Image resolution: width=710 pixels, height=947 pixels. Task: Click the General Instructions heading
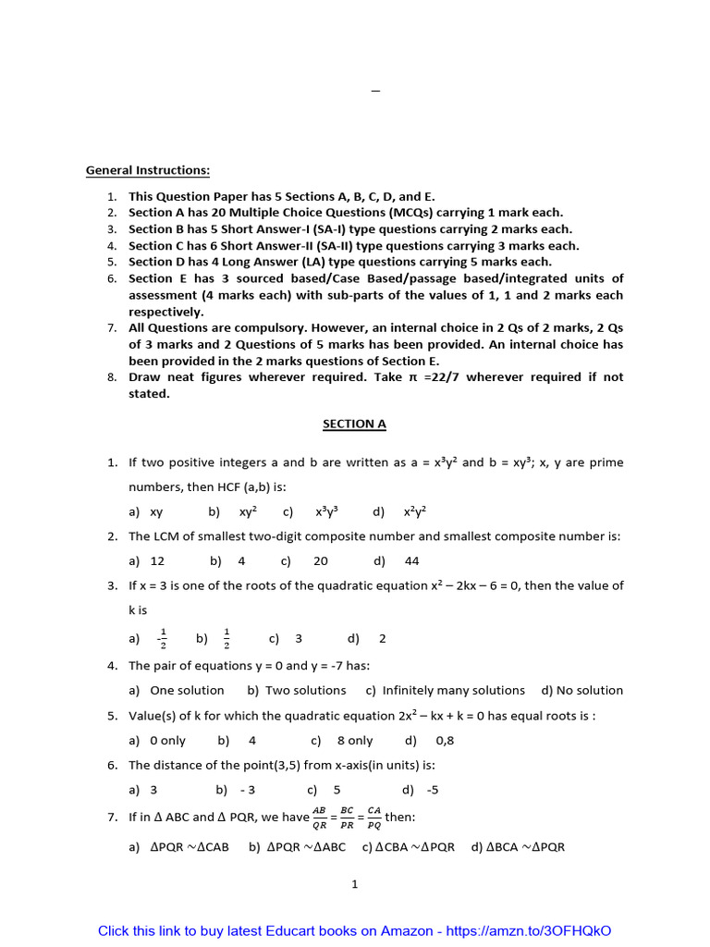tap(148, 170)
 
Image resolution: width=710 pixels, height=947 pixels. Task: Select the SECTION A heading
tap(354, 424)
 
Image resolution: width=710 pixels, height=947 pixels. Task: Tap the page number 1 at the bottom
tap(354, 884)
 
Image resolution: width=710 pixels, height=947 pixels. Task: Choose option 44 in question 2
tap(412, 560)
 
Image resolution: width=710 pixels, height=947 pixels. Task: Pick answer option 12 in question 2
tap(157, 560)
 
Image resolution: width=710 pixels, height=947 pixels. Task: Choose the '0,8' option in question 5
tap(445, 741)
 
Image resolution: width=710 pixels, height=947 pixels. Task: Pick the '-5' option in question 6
tap(433, 790)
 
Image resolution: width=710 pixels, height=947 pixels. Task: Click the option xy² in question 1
tap(248, 510)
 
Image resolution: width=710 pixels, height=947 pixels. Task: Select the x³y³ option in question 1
tap(326, 510)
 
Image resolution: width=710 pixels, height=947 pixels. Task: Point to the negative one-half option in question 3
tap(162, 639)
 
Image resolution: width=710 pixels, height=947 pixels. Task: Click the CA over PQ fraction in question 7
tap(373, 818)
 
